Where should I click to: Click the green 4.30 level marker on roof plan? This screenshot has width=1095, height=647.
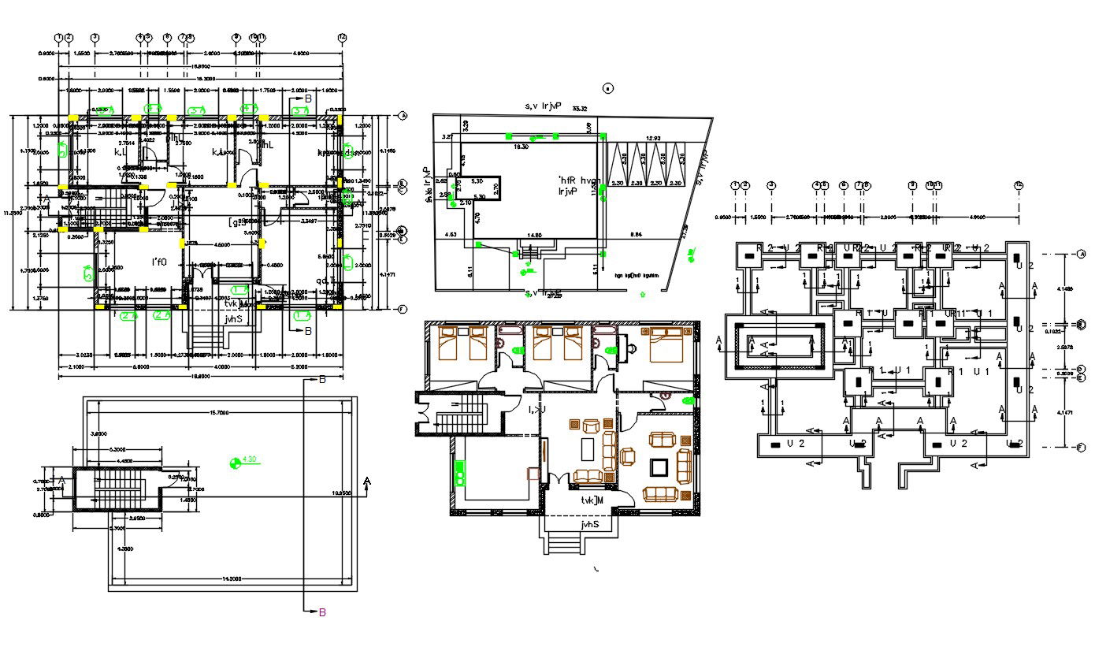click(x=236, y=462)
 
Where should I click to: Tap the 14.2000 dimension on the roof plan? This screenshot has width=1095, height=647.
click(x=232, y=579)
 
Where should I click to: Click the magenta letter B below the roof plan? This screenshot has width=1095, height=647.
click(x=321, y=612)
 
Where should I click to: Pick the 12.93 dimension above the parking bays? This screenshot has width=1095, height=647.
click(x=653, y=139)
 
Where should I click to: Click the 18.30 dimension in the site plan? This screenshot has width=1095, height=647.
click(x=521, y=147)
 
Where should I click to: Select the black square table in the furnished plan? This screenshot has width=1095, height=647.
click(x=657, y=468)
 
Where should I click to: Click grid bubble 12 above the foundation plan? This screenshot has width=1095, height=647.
click(x=1019, y=185)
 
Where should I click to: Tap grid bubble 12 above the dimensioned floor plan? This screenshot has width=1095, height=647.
click(x=342, y=37)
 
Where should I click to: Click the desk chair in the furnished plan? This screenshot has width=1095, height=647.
click(x=633, y=344)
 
